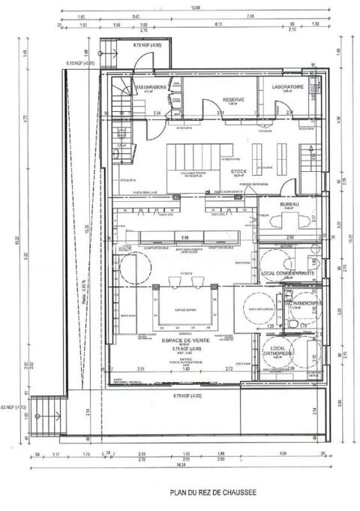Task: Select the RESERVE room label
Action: (x=233, y=99)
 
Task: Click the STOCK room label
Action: (x=238, y=171)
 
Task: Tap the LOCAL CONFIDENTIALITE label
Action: (x=289, y=274)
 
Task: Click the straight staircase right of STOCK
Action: (x=306, y=158)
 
